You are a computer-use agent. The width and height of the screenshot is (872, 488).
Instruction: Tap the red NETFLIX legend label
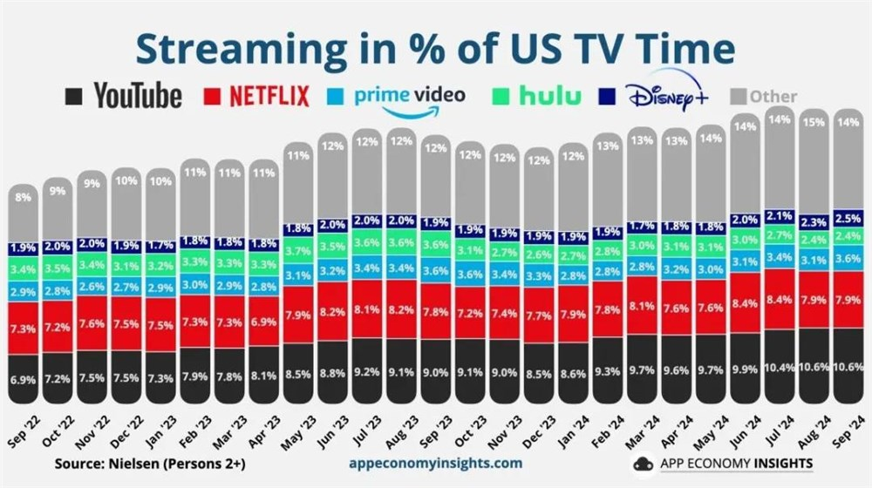click(x=269, y=96)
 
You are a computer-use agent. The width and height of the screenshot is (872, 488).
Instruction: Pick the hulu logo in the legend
click(x=545, y=96)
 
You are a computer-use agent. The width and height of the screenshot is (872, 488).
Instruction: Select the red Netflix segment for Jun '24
click(x=746, y=302)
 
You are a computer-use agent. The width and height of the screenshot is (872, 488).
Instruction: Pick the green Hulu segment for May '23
click(x=296, y=251)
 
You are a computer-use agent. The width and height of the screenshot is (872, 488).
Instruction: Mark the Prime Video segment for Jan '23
click(x=160, y=287)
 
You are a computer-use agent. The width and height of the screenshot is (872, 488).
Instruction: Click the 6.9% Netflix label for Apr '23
click(x=262, y=322)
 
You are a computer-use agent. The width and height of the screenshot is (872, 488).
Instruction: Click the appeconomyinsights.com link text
click(x=435, y=463)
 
